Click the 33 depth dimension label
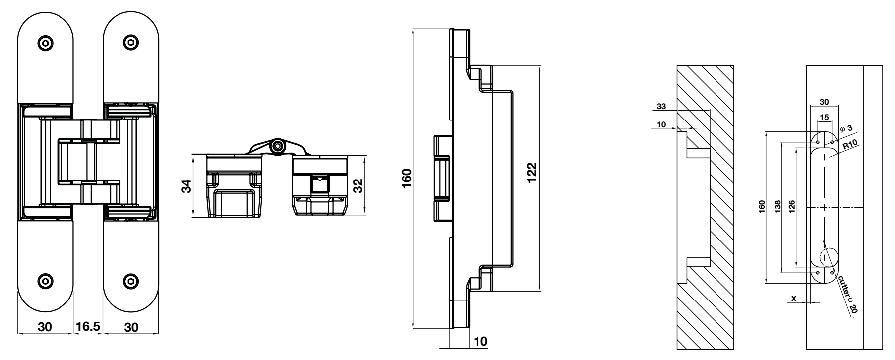[x=661, y=106]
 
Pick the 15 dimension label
[x=824, y=117]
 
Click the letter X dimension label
[x=794, y=299]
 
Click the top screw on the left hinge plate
[x=46, y=43]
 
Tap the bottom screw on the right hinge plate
[x=130, y=280]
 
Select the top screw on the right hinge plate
[x=130, y=43]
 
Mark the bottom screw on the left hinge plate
[x=46, y=280]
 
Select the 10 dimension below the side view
[x=481, y=342]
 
